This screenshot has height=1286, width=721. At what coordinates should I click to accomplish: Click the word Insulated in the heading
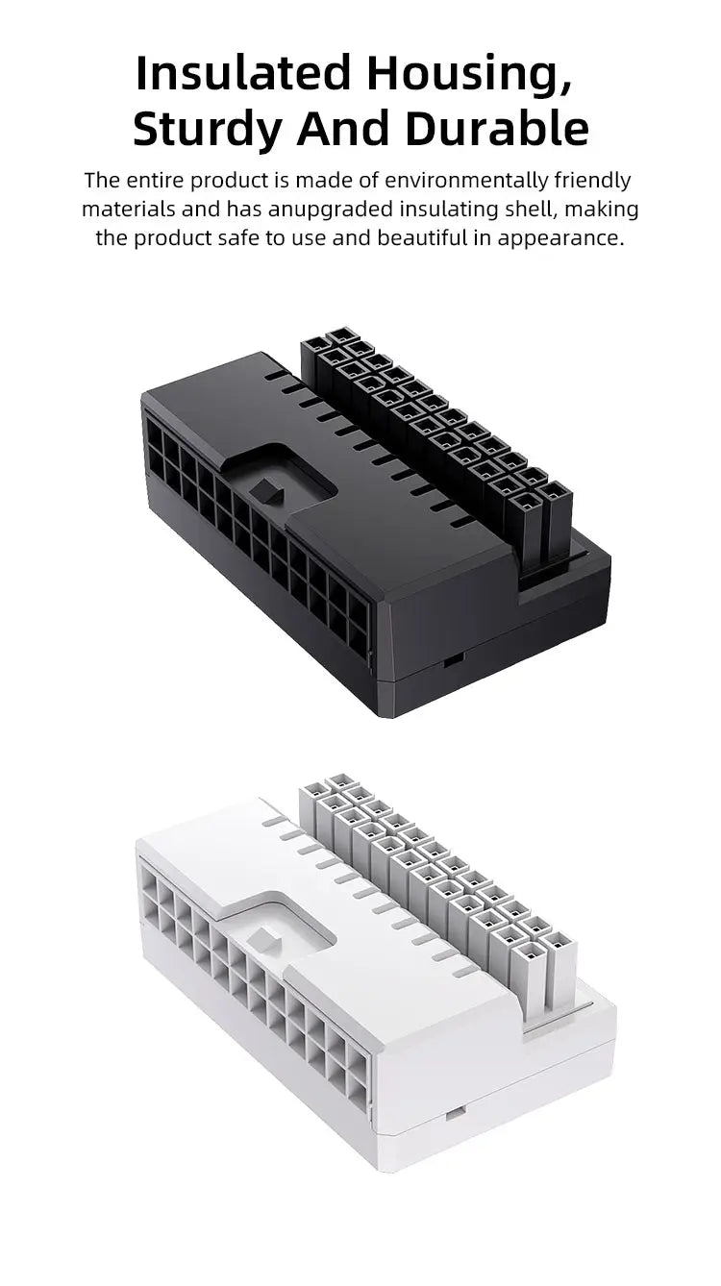243,73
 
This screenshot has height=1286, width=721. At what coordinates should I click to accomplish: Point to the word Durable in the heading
497,128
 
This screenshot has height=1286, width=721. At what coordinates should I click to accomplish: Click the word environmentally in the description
466,181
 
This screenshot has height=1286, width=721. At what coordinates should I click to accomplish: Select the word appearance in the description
560,238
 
